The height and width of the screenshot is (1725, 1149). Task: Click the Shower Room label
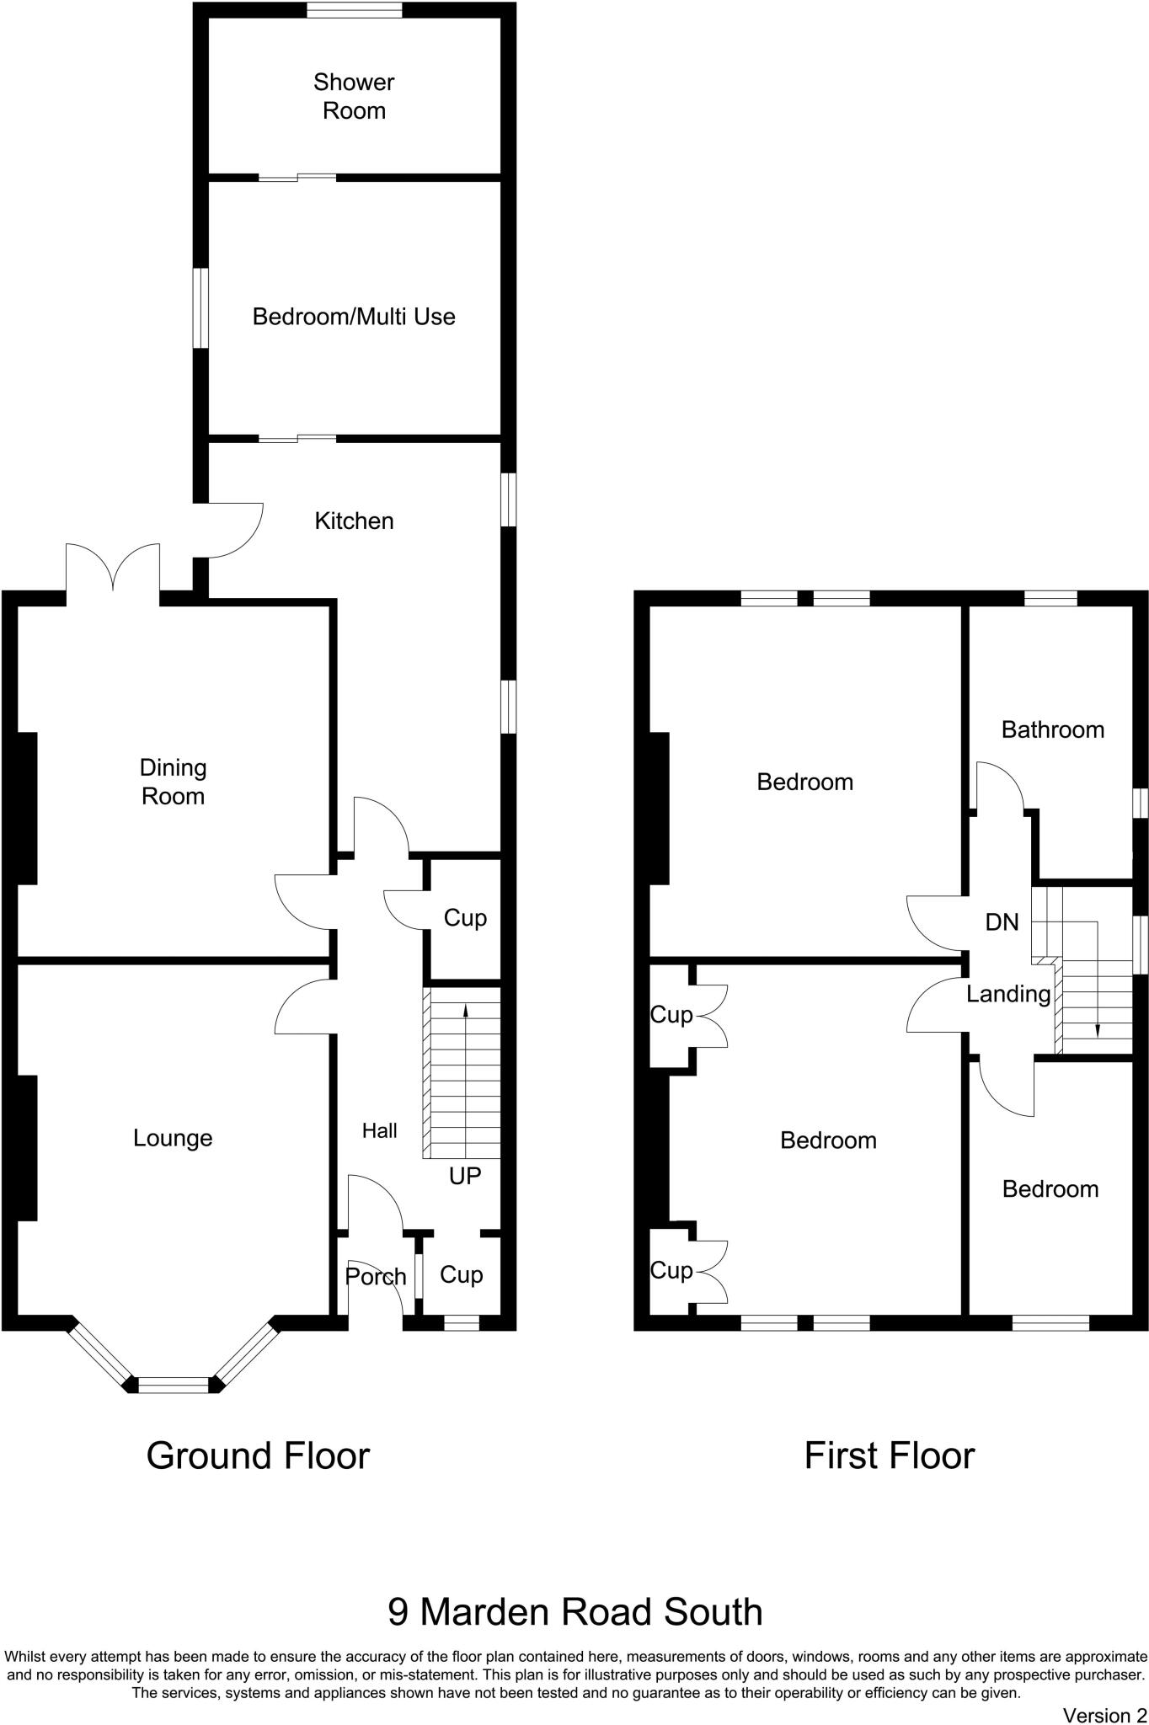pyautogui.click(x=354, y=96)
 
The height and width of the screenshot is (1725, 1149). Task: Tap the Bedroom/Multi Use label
pyautogui.click(x=354, y=317)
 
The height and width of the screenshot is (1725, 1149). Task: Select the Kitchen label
pyautogui.click(x=354, y=521)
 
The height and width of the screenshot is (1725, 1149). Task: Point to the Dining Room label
pyautogui.click(x=173, y=782)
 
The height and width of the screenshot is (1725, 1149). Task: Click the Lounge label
pyautogui.click(x=173, y=1138)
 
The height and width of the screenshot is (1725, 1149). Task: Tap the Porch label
pyautogui.click(x=376, y=1277)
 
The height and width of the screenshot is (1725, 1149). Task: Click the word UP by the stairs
pyautogui.click(x=465, y=1176)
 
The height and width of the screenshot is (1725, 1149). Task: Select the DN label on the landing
pyautogui.click(x=1002, y=922)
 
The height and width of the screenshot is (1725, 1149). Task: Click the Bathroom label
pyautogui.click(x=1052, y=729)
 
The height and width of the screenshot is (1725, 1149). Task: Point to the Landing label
pyautogui.click(x=1008, y=995)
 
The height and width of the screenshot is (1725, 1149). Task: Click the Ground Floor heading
pyautogui.click(x=258, y=1455)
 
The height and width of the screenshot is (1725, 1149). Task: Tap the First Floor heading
pyautogui.click(x=889, y=1455)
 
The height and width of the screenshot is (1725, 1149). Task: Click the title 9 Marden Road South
pyautogui.click(x=574, y=1612)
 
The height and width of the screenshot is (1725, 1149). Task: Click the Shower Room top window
pyautogui.click(x=354, y=10)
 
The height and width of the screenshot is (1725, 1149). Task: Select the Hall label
pyautogui.click(x=379, y=1130)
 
